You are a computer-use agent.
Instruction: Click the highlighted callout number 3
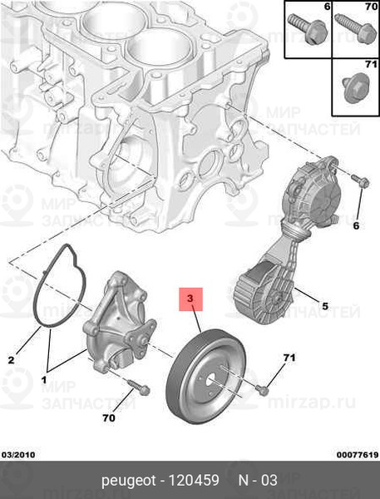[190, 299]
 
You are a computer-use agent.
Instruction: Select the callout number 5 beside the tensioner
[325, 306]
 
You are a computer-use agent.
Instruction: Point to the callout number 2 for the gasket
[11, 360]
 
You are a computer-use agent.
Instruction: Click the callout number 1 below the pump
[43, 380]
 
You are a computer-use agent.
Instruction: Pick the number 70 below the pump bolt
[109, 417]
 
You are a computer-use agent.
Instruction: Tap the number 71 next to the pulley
[289, 358]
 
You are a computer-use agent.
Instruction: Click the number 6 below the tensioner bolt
[356, 225]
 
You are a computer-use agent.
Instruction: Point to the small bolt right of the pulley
[262, 389]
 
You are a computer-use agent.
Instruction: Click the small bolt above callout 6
[360, 180]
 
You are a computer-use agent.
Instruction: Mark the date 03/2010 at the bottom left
[18, 455]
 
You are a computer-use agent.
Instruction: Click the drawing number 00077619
[358, 455]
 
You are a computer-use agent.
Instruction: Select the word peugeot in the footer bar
[129, 481]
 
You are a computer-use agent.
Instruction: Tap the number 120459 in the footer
[194, 480]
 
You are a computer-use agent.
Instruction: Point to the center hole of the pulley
[211, 382]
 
